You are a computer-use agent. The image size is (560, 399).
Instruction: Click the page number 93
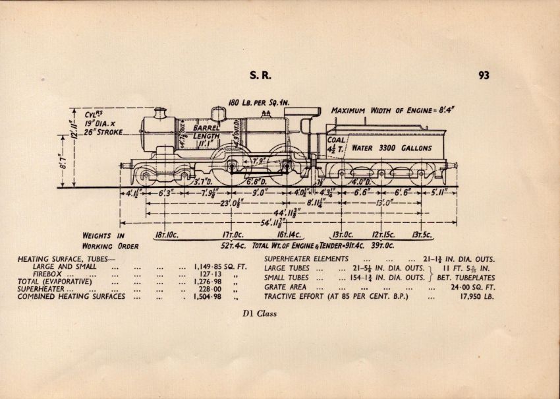point(484,75)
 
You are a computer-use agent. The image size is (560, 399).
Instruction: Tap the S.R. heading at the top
point(258,75)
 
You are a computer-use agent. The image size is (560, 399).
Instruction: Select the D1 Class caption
point(258,314)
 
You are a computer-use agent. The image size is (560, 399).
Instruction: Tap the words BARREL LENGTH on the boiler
point(206,133)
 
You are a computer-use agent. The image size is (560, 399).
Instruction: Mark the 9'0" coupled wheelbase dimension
point(260,193)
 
